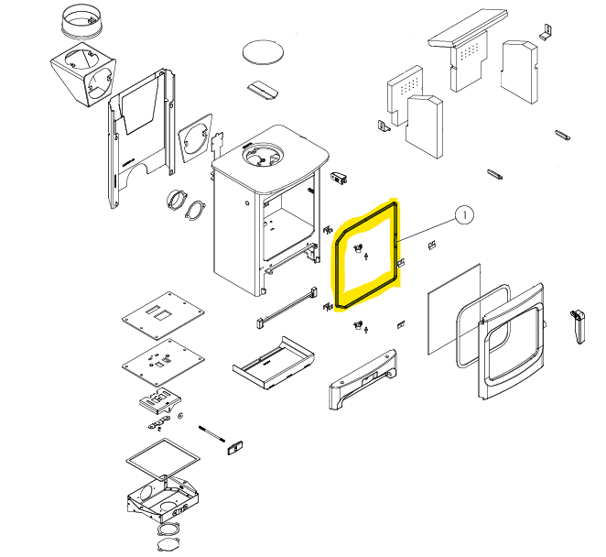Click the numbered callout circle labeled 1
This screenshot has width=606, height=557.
pyautogui.click(x=463, y=216)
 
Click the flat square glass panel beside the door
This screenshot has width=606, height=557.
pyautogui.click(x=454, y=308)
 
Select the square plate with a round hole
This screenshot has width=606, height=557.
pyautogui.click(x=195, y=137)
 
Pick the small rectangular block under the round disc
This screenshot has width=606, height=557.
pyautogui.click(x=264, y=89)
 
